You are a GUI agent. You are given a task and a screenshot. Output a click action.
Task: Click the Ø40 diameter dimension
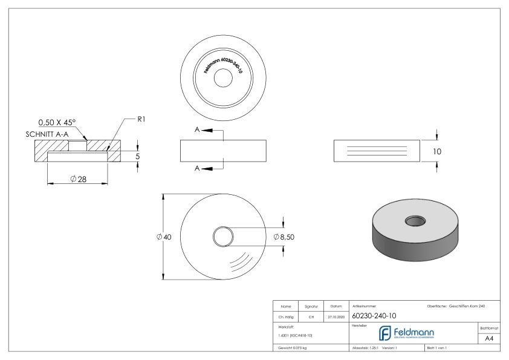click(x=164, y=237)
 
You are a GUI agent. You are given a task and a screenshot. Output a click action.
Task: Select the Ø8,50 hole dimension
click(x=284, y=237)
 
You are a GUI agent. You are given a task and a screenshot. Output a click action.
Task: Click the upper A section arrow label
click(x=198, y=129)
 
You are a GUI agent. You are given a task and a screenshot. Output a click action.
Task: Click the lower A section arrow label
click(x=198, y=168)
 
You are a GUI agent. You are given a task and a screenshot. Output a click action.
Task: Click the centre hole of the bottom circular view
click(x=223, y=237)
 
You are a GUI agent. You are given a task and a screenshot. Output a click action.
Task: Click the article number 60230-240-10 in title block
click(x=374, y=315)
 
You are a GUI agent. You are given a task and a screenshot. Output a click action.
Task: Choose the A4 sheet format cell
click(x=487, y=340)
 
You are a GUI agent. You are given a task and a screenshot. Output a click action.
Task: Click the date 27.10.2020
click(x=334, y=315)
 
